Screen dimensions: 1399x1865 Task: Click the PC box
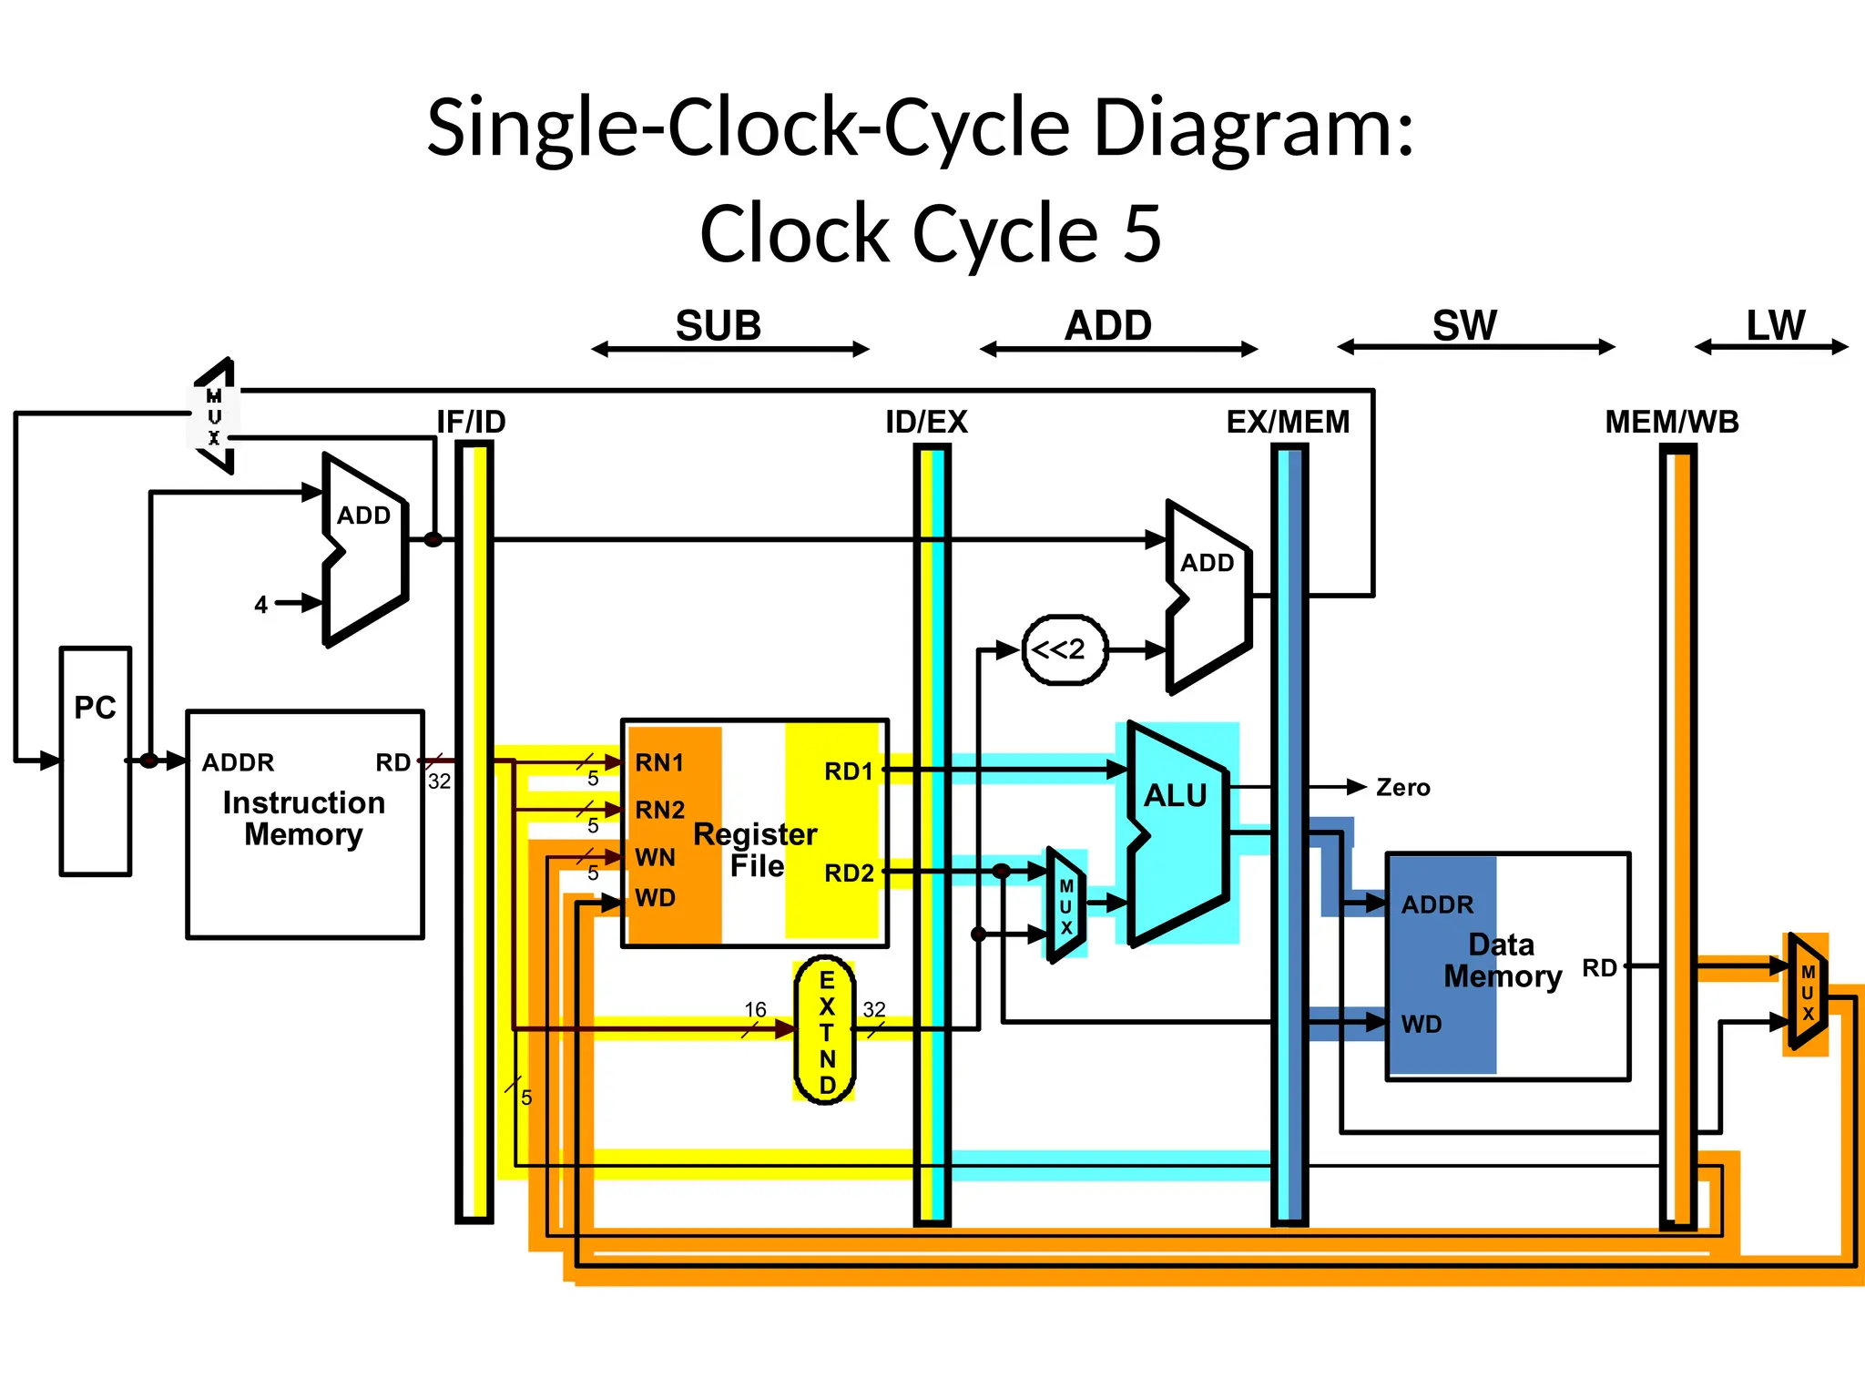(95, 761)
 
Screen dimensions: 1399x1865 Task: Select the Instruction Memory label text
(303, 818)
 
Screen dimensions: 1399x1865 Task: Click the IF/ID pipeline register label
(471, 422)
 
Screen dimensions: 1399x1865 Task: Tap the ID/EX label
(926, 422)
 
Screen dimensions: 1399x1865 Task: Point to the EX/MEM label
(1288, 422)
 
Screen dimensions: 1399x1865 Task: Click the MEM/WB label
(1671, 422)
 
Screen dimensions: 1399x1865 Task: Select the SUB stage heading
(718, 326)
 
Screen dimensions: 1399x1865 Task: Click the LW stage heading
(1775, 326)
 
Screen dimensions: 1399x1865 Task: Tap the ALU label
(1175, 796)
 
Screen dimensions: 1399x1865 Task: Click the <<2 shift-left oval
(1065, 650)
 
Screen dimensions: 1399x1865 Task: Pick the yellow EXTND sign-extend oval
(826, 1031)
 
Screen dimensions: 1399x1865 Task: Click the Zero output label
(1402, 788)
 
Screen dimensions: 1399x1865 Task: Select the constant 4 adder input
(261, 605)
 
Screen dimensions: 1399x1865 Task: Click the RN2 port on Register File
(659, 810)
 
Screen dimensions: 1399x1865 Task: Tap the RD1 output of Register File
(848, 771)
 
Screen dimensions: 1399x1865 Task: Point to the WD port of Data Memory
(1421, 1024)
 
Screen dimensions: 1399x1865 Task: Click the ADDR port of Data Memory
(1436, 904)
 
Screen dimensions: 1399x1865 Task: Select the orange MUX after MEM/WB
(1807, 993)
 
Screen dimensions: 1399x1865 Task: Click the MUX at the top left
(214, 416)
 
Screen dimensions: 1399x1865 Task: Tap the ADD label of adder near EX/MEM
(1207, 563)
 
